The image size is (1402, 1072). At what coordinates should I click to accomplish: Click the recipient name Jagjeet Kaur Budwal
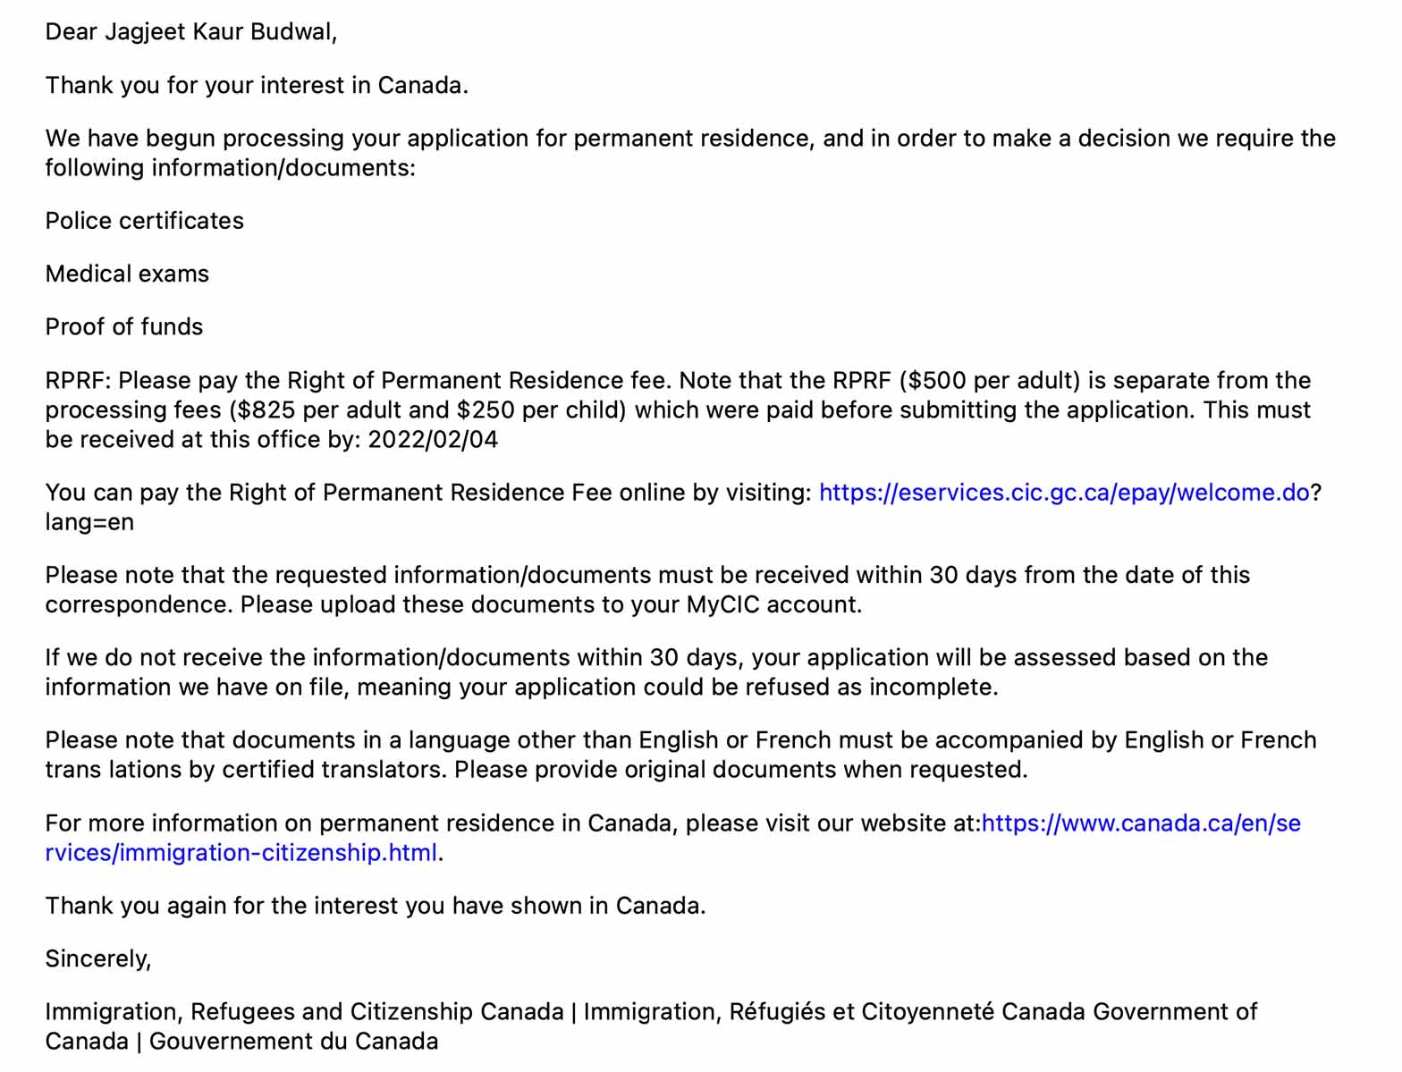(219, 32)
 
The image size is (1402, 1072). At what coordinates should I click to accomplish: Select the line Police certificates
(144, 221)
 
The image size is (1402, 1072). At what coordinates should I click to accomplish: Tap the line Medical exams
(127, 274)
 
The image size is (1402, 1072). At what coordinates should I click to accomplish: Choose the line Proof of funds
(124, 326)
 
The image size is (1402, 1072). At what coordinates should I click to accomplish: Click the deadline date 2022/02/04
(433, 440)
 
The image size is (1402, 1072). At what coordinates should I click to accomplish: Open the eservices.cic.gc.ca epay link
(1064, 493)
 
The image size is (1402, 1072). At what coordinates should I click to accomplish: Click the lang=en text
(89, 522)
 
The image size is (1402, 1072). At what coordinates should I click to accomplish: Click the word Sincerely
(97, 959)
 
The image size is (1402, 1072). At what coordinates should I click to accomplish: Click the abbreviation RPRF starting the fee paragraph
(76, 381)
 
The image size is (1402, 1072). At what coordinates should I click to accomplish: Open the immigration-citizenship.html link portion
(241, 853)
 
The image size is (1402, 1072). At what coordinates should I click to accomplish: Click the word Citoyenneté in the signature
(927, 1012)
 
